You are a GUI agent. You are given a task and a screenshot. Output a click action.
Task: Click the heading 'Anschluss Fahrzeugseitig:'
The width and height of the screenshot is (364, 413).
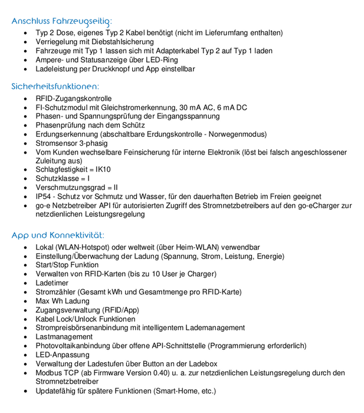(61, 21)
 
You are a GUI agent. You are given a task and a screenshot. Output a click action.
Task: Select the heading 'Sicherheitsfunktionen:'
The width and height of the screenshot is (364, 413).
(55, 86)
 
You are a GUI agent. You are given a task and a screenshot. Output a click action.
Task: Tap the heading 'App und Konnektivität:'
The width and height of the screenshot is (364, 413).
(58, 235)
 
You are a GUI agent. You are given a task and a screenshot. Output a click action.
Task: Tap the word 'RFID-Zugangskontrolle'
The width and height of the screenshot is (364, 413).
(74, 99)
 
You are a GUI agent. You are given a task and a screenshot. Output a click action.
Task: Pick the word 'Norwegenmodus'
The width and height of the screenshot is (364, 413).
(238, 134)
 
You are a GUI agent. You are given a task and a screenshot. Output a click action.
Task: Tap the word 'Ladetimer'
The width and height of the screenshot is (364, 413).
(52, 283)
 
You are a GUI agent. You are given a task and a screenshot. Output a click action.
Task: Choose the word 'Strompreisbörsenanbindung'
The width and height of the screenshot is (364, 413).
(84, 328)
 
